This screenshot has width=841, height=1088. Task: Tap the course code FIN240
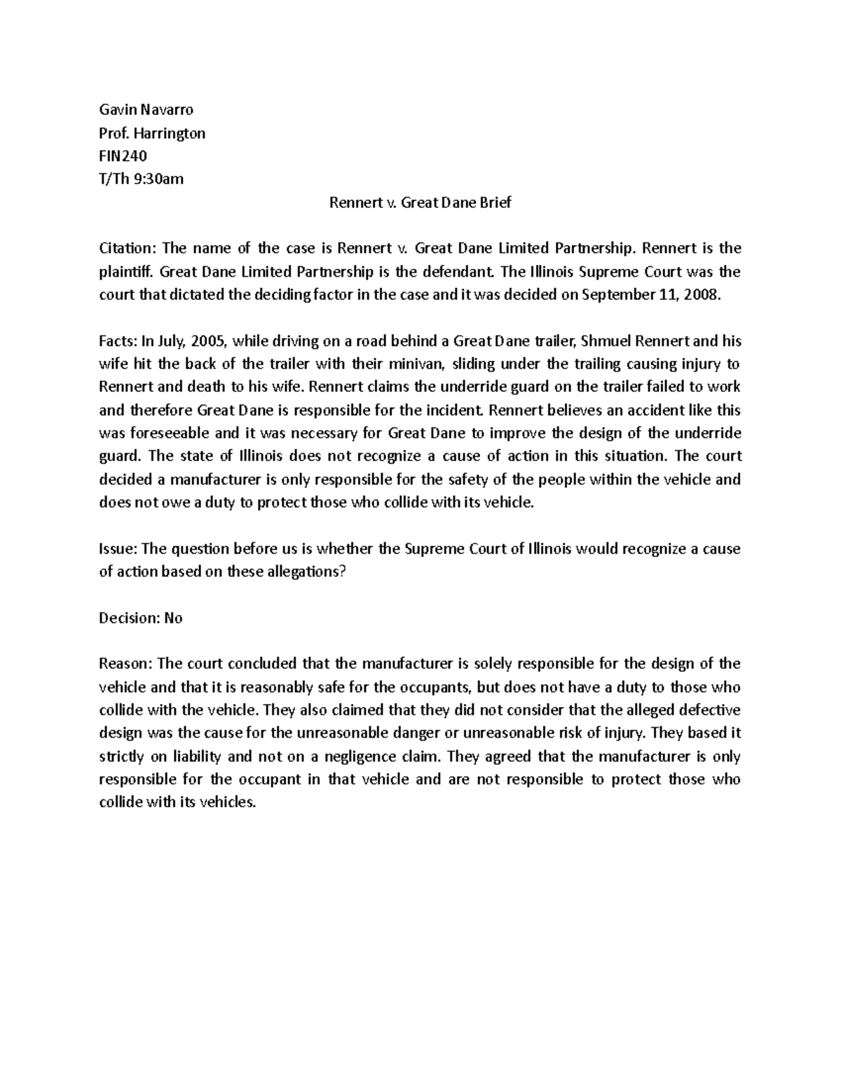(123, 156)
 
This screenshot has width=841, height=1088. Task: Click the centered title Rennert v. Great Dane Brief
(420, 202)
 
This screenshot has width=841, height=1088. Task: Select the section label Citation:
(128, 248)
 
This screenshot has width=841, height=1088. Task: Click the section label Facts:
(118, 341)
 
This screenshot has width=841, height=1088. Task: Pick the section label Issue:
(118, 549)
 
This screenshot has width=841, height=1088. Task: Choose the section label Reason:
(126, 663)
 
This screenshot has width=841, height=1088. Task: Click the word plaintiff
(125, 271)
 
